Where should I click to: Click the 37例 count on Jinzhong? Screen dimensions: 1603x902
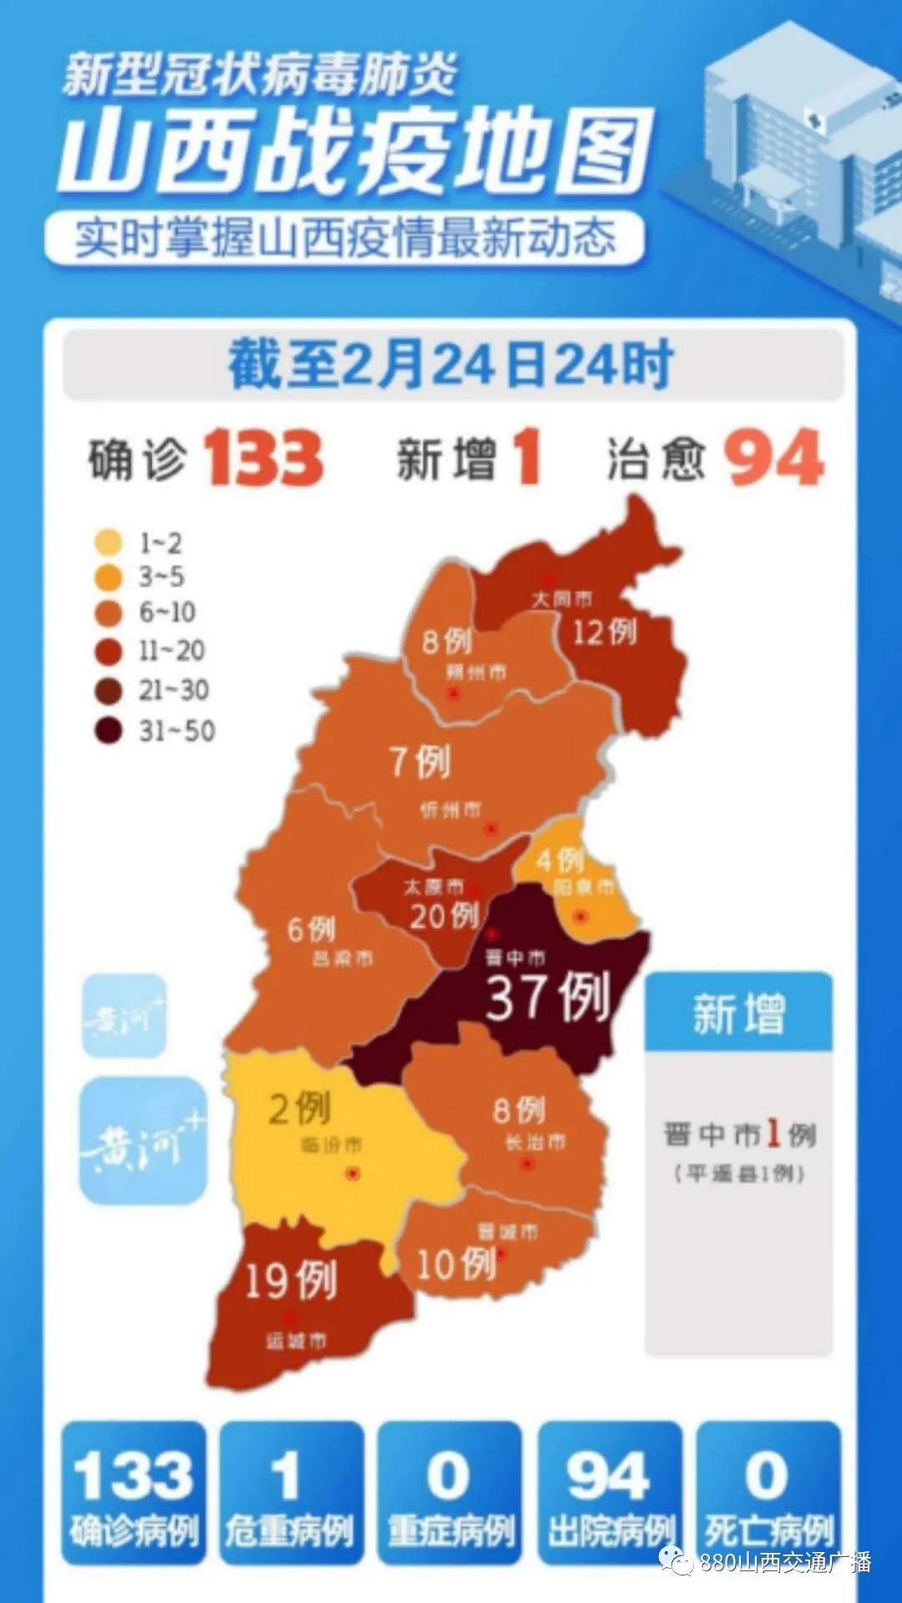pos(547,997)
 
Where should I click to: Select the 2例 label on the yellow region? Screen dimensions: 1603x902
pos(299,1108)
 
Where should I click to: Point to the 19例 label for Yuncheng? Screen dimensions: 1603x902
pos(291,1280)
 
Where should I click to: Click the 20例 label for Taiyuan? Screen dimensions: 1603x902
pos(443,916)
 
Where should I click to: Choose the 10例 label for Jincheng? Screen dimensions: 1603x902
pos(456,1264)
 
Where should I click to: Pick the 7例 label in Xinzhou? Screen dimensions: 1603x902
pos(420,762)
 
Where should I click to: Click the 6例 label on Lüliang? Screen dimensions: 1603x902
pos(311,929)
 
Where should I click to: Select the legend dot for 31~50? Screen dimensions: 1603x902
pos(109,731)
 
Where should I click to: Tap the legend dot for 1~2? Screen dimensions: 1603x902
pos(109,543)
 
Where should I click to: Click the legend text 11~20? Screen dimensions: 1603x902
pos(171,650)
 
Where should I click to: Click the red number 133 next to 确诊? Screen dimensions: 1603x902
pos(264,458)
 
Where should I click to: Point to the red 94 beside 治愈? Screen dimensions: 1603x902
pos(773,458)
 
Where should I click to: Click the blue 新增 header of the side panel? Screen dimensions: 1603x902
pos(738,1013)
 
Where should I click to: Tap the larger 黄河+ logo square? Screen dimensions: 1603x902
pos(143,1140)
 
